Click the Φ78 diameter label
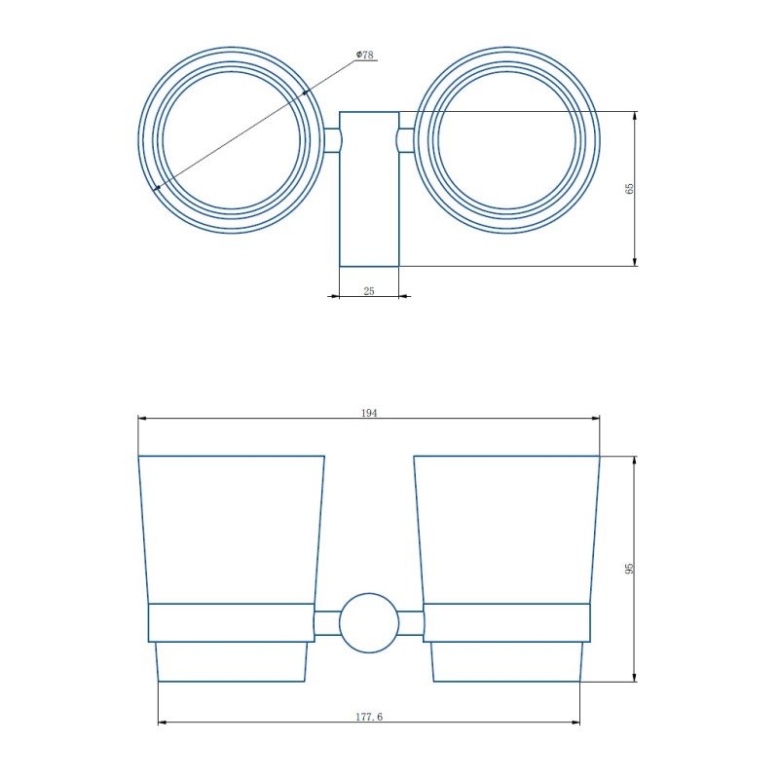pyautogui.click(x=365, y=55)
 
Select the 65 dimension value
pyautogui.click(x=630, y=189)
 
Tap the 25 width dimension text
pyautogui.click(x=369, y=291)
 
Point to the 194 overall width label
pyautogui.click(x=369, y=413)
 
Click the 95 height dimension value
pyautogui.click(x=630, y=569)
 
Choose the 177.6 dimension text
pyautogui.click(x=369, y=717)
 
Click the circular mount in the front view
pyautogui.click(x=369, y=623)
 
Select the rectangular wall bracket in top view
pyautogui.click(x=369, y=189)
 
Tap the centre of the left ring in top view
pyautogui.click(x=231, y=140)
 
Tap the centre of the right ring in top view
pyautogui.click(x=506, y=140)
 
